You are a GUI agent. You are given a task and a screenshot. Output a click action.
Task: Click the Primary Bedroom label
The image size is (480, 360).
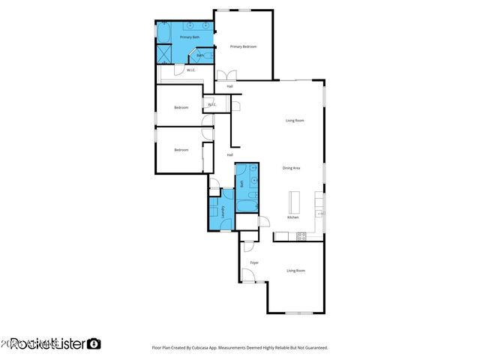pyautogui.click(x=243, y=46)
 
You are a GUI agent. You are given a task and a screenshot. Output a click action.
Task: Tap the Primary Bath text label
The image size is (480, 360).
pyautogui.click(x=189, y=37)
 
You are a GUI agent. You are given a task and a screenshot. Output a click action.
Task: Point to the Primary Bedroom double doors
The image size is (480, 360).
pyautogui.click(x=226, y=75)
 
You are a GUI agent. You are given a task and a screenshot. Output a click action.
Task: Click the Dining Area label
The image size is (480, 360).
pyautogui.click(x=291, y=167)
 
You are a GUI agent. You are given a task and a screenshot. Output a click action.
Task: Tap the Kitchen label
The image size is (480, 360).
pyautogui.click(x=292, y=217)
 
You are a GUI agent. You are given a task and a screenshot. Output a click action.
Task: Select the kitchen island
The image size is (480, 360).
pyautogui.click(x=293, y=201)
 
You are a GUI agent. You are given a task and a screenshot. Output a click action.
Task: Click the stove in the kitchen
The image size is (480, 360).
pyautogui.click(x=301, y=236)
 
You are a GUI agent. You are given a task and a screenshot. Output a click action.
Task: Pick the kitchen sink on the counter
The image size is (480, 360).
pyautogui.click(x=319, y=214)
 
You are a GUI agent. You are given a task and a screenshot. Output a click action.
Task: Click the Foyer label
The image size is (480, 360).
pyautogui.click(x=254, y=262)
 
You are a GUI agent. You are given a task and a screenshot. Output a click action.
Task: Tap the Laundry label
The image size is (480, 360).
pyautogui.click(x=223, y=212)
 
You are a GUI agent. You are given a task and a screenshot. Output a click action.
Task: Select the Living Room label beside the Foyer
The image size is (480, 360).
pyautogui.click(x=295, y=270)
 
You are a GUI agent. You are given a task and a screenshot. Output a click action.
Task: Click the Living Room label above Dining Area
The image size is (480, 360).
pyautogui.click(x=294, y=120)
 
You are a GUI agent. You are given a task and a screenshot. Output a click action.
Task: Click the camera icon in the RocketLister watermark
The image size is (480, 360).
pyautogui.click(x=94, y=343)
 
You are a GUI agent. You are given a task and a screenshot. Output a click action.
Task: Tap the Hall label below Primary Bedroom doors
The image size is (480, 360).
pyautogui.click(x=229, y=86)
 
